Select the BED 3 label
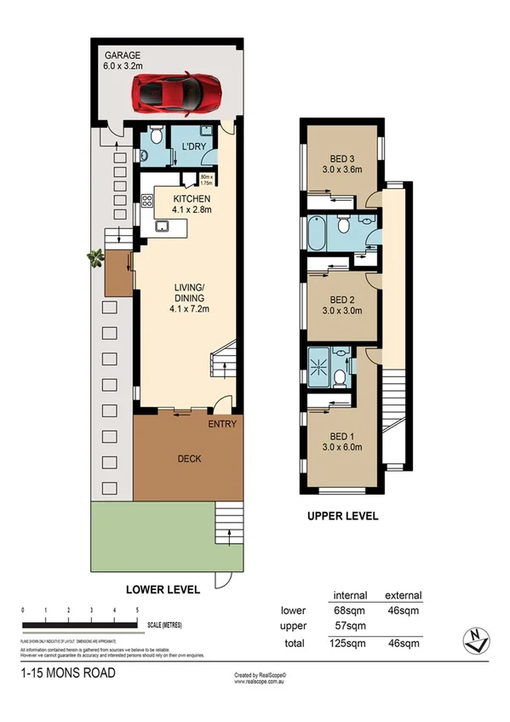click(341, 163)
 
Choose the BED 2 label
click(341, 305)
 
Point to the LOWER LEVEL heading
click(163, 589)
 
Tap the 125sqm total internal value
click(350, 642)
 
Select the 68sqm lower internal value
click(350, 610)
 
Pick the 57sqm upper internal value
click(350, 626)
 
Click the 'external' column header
click(404, 595)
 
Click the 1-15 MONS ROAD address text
click(66, 673)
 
